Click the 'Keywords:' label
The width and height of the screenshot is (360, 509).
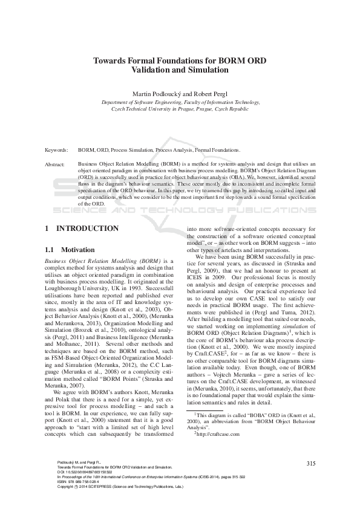click(x=56, y=149)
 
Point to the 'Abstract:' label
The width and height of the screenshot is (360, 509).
click(x=55, y=164)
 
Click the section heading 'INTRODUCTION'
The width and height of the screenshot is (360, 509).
click(x=87, y=229)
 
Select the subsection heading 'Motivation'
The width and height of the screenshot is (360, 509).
click(x=78, y=250)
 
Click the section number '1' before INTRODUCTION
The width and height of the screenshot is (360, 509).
click(x=47, y=229)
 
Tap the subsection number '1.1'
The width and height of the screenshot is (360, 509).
click(x=50, y=250)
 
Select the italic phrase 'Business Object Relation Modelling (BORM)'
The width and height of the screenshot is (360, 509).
click(x=101, y=261)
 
